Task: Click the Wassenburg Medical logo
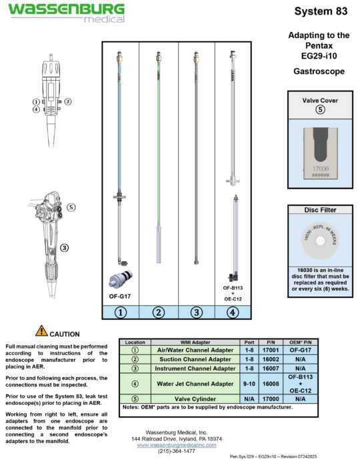[x=66, y=12]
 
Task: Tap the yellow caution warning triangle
[x=41, y=330]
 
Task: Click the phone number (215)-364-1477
[x=177, y=451]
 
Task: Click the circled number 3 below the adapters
[x=196, y=311]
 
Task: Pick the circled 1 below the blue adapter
[x=120, y=311]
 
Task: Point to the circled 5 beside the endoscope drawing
[x=71, y=207]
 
